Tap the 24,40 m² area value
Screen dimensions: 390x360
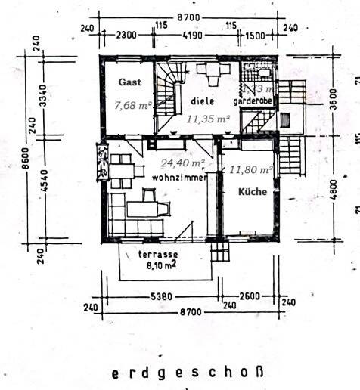(x=182, y=162)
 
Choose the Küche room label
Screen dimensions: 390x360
(x=252, y=192)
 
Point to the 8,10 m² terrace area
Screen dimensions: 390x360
(x=158, y=266)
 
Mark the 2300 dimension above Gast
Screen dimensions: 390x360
(x=126, y=36)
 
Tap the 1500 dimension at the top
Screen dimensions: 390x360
(x=255, y=36)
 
